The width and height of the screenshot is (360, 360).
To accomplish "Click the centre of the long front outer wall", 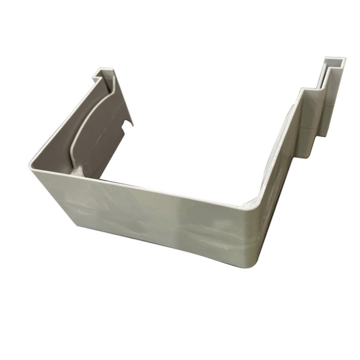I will pos(152,215).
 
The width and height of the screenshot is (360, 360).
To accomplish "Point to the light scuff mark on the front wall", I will pos(182,218).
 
